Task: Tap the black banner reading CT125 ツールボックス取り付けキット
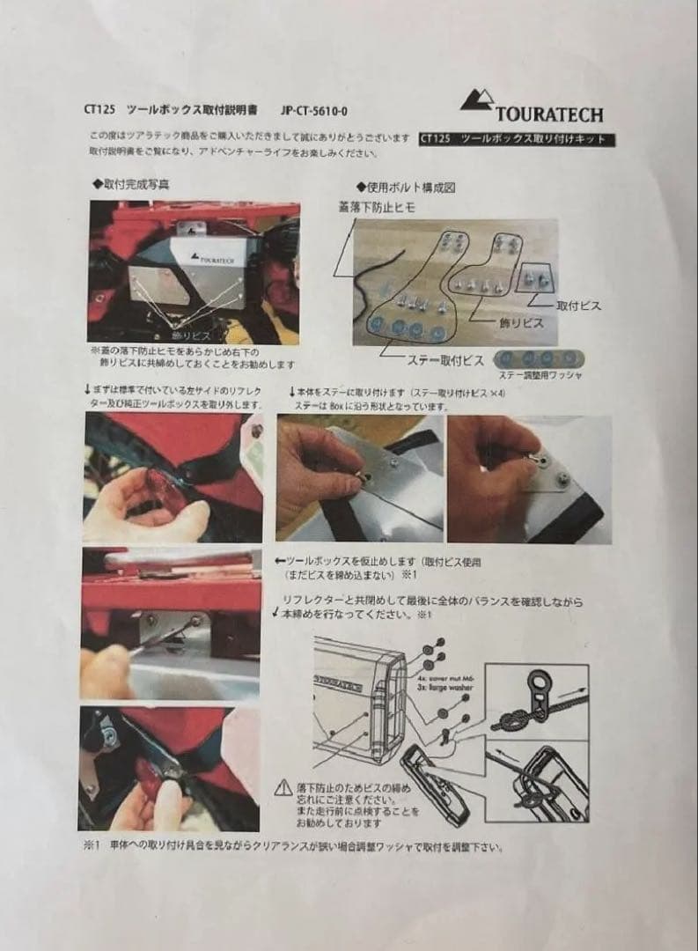click(517, 139)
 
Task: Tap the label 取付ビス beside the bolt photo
click(578, 305)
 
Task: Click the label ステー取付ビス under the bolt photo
click(422, 360)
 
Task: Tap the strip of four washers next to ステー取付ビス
click(540, 358)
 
